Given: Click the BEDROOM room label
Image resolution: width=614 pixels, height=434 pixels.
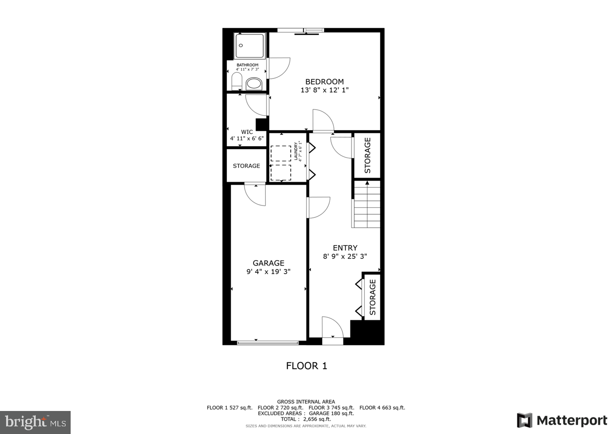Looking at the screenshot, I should coord(324,81).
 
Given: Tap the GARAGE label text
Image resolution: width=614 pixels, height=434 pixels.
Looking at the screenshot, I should coord(268,263).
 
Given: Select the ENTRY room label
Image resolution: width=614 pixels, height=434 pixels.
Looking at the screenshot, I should coord(345,248).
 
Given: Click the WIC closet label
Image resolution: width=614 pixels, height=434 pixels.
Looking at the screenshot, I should coord(247,132).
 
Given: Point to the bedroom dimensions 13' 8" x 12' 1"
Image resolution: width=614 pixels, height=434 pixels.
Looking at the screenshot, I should coord(324,90).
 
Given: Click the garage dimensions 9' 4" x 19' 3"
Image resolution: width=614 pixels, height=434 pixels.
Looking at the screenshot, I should coord(268,272).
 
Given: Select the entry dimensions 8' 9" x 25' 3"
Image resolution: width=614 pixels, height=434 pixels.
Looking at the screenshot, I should coord(345,256).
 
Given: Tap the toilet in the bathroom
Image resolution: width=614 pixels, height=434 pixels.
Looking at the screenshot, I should coord(236,81).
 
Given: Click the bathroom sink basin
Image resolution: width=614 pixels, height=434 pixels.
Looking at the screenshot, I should coord(255,84).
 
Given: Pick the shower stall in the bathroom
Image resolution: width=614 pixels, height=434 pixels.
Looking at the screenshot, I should coord(250,45).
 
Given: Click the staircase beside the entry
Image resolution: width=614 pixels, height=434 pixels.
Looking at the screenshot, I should coord(366,205).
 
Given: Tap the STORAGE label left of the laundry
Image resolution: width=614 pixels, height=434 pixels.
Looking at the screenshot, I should coord(246,166).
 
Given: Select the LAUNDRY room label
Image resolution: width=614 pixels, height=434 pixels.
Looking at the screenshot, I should coord(297,152).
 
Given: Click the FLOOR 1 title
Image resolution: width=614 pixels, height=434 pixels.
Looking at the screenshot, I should coord(307,366).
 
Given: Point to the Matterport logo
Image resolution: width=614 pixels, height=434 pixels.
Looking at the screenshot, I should coord(562,420).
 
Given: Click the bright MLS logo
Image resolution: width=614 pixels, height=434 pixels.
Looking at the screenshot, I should coord(35,422).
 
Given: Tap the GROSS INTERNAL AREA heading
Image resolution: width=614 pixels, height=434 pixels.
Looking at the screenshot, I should coord(306,402).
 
